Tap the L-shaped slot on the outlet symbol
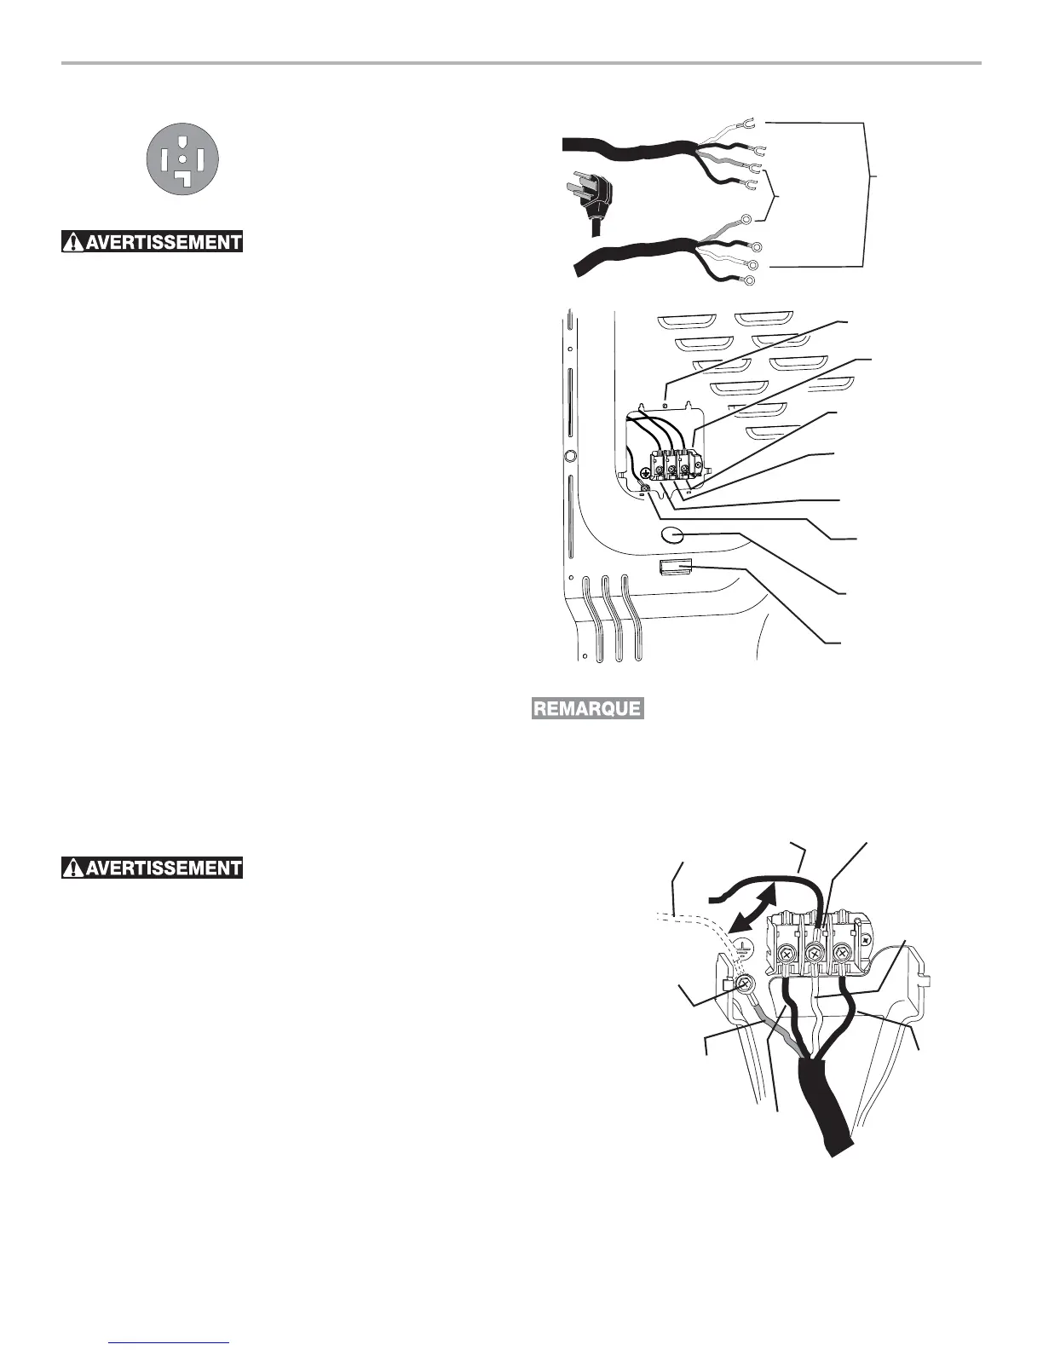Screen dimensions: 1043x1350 [x=183, y=177]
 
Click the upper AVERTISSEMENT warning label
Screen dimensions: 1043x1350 [x=153, y=242]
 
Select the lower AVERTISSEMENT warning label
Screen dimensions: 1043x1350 [x=153, y=868]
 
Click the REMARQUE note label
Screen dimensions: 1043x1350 [x=587, y=708]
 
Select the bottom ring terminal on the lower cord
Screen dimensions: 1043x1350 [x=749, y=280]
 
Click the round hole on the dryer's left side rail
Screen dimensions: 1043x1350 [x=571, y=456]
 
